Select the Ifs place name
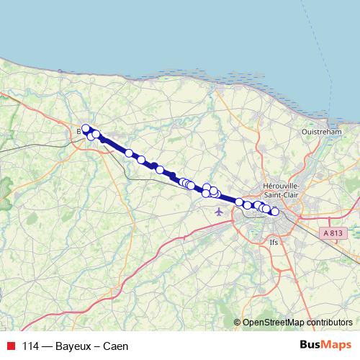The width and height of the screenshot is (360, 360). coord(273,242)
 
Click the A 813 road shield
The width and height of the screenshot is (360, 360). coord(332,233)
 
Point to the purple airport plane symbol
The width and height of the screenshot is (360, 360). coord(219,212)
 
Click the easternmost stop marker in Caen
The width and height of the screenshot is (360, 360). coord(274,211)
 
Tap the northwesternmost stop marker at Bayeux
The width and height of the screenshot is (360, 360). coord(86,129)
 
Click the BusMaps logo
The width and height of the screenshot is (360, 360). coord(325,345)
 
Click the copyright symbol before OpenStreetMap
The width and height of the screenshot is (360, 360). coord(238,322)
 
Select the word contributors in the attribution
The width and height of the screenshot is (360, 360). coord(329,322)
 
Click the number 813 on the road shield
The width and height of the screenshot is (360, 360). coord(336,233)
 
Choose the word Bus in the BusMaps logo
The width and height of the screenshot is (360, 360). coord(310,345)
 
